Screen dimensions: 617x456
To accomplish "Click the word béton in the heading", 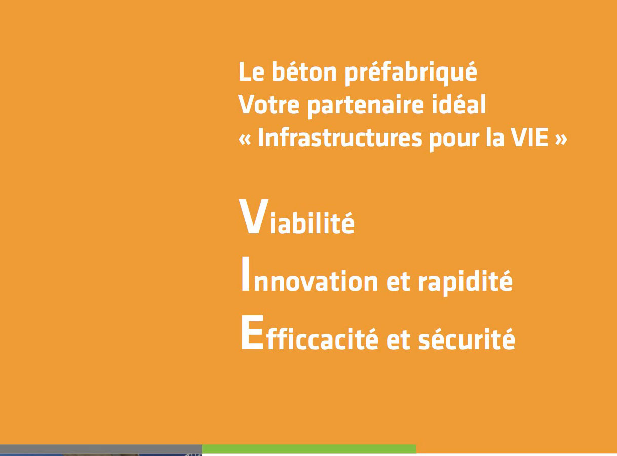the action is tap(304, 71).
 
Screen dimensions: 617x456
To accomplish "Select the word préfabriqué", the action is tap(411, 73).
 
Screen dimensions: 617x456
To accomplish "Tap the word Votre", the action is tap(269, 104).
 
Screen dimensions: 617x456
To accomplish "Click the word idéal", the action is tap(459, 104).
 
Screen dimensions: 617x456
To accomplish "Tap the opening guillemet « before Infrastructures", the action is tap(245, 140).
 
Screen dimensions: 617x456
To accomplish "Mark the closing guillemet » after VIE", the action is tap(561, 140).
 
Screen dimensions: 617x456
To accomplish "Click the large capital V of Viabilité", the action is tap(254, 216).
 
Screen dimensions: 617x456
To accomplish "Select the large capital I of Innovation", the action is tap(246, 274).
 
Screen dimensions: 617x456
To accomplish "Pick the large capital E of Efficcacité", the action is tap(252, 332).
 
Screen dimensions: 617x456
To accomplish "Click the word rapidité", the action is tap(466, 282).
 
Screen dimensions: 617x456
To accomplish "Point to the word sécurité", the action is tap(467, 338).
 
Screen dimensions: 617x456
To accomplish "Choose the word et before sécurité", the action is tap(398, 340).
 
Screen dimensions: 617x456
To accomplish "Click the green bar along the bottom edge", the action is tap(309, 449).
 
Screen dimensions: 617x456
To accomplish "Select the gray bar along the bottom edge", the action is tap(101, 449).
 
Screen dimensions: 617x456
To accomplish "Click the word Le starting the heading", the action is tap(251, 72).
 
